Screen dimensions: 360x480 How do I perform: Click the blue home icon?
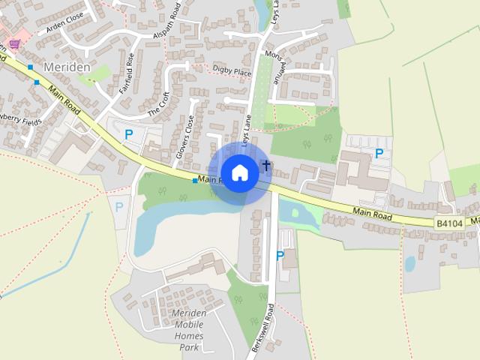239,172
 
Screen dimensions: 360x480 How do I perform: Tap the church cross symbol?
265,164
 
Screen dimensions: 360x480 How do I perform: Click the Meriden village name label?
67,67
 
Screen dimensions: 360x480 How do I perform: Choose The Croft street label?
159,104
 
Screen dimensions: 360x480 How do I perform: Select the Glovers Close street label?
185,136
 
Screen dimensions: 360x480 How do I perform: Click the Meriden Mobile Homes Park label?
189,330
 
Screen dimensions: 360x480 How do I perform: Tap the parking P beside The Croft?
128,135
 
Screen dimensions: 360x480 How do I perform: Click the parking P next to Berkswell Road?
280,255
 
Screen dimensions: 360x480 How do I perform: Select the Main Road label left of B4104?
373,215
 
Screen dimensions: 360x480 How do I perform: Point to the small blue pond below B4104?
409,263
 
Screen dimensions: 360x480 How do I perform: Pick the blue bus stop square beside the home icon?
195,181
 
